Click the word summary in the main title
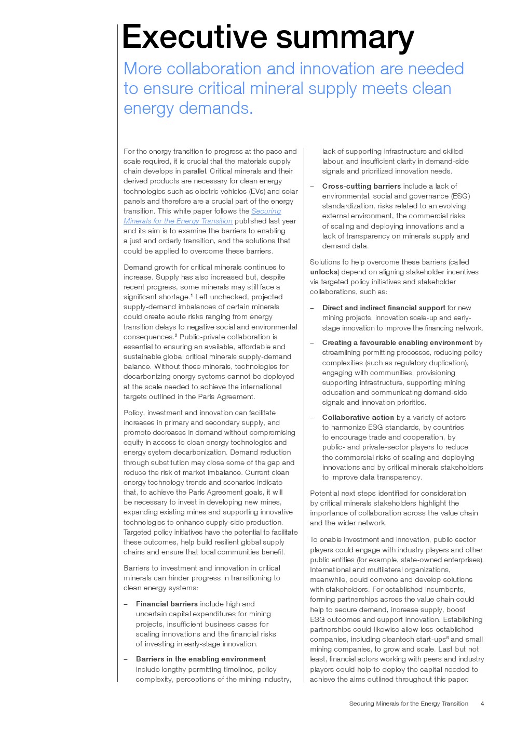[345, 37]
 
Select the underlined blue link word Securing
[266, 211]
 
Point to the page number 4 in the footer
[482, 704]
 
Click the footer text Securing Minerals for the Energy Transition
[409, 704]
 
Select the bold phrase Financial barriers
[167, 604]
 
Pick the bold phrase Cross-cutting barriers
[361, 186]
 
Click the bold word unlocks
[324, 272]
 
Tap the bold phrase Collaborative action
[358, 417]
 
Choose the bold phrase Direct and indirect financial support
[384, 308]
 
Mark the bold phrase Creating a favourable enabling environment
[397, 342]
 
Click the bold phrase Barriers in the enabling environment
[201, 659]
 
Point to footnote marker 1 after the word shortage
[192, 295]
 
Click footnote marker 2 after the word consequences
[176, 335]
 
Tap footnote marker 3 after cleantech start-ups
[448, 638]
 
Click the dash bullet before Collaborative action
[312, 417]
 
